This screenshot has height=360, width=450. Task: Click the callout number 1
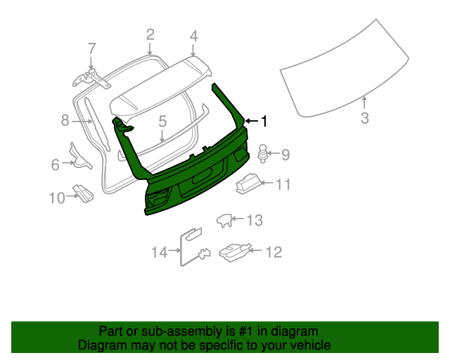264,122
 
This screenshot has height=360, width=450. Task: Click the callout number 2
150,34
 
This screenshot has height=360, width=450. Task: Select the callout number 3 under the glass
364,118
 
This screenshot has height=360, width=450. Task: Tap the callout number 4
193,35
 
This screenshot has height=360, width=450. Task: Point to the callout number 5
162,122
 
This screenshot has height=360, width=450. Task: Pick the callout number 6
56,165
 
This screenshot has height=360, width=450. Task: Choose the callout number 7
91,49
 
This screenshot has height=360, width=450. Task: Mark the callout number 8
65,121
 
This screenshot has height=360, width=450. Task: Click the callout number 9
285,153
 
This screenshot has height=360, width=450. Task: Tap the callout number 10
57,198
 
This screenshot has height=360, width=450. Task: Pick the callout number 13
254,221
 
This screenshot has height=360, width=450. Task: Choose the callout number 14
160,251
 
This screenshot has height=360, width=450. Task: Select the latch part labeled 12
233,250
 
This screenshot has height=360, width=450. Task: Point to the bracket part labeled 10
84,193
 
